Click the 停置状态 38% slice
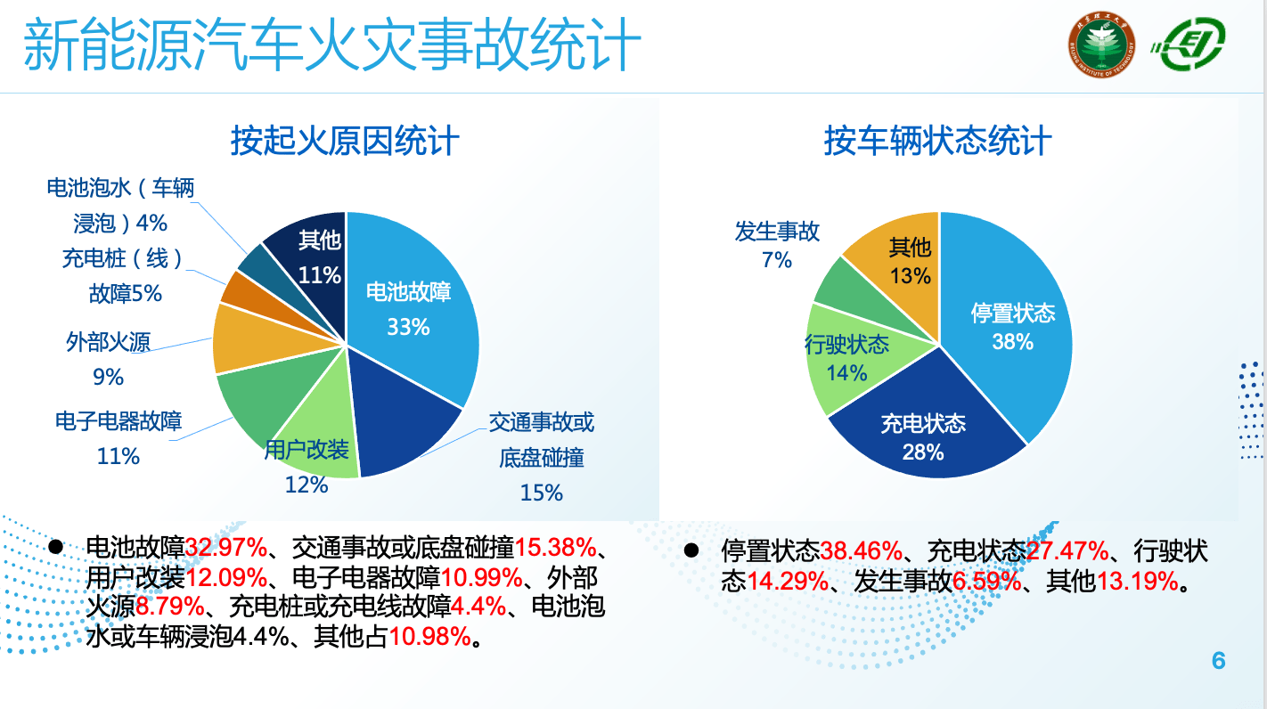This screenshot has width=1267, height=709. pos(1011,325)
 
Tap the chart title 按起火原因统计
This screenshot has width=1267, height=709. pos(345,141)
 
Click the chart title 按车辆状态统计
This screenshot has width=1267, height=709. pos(937,141)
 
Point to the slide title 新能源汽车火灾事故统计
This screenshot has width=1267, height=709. pos(331,46)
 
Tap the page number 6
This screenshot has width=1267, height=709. pos(1219,661)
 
